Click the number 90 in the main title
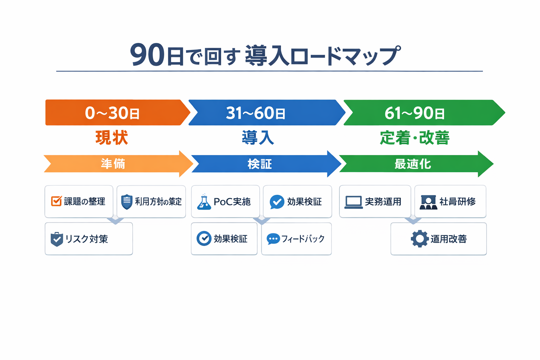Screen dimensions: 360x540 click(147, 55)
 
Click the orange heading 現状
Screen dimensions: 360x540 click(112, 137)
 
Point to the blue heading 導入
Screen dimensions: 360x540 click(258, 137)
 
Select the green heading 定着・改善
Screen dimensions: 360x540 click(414, 137)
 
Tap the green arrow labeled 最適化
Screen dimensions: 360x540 click(413, 164)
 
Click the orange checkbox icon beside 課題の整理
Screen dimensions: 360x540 click(56, 201)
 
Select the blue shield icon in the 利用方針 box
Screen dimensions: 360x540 click(127, 201)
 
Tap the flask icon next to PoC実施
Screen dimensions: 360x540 click(204, 202)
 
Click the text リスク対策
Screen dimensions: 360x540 click(86, 239)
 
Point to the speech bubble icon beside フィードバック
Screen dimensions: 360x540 click(273, 239)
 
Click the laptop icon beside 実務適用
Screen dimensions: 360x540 click(353, 202)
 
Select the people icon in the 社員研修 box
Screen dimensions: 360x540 click(428, 202)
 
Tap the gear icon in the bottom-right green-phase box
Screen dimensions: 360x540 click(419, 239)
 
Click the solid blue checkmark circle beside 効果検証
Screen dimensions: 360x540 click(277, 202)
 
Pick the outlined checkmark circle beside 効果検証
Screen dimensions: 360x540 click(204, 239)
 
